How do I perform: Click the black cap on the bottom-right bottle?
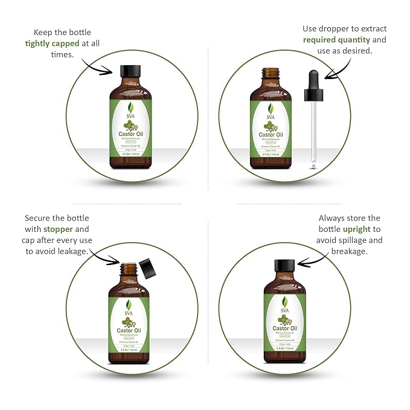(283, 266)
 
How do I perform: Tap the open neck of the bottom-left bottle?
(127, 267)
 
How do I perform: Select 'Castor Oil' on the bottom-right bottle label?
(283, 328)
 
